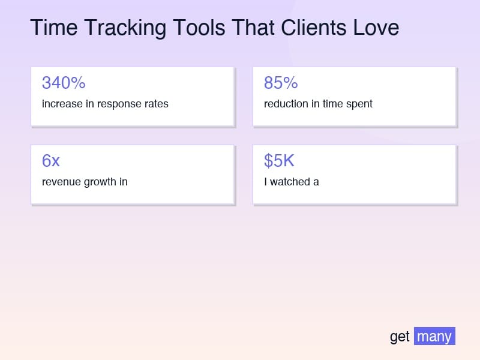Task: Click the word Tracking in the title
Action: tap(125, 28)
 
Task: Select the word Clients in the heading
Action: tap(314, 28)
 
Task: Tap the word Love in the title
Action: tap(376, 28)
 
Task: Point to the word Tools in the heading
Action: tap(199, 28)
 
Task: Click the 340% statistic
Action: tap(64, 83)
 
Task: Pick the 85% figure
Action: tap(281, 83)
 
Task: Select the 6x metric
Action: tap(51, 161)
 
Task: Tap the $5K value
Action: tap(279, 161)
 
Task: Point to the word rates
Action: tap(157, 104)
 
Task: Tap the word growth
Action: tap(100, 182)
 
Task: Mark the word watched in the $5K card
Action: tap(290, 182)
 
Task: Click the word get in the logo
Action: tap(400, 337)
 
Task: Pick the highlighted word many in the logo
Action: tap(434, 336)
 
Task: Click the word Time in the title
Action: tap(54, 28)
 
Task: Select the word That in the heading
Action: tap(253, 28)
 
